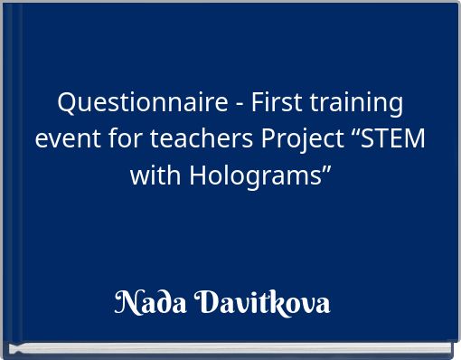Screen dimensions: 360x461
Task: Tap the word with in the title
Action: pyautogui.click(x=155, y=175)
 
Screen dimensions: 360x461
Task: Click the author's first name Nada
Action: pyautogui.click(x=150, y=301)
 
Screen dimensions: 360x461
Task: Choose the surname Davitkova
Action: pyautogui.click(x=262, y=301)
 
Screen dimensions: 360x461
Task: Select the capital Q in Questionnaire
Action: pyautogui.click(x=67, y=103)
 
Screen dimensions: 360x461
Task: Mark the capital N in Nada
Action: pyautogui.click(x=127, y=301)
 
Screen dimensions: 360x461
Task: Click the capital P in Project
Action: pyautogui.click(x=268, y=139)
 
